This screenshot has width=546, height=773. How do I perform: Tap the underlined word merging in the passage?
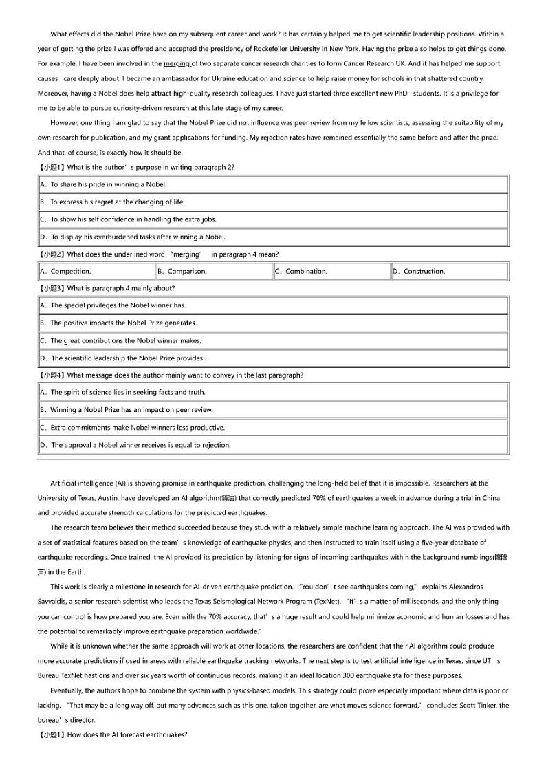[x=177, y=64]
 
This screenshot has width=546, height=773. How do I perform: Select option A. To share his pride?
[x=103, y=184]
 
